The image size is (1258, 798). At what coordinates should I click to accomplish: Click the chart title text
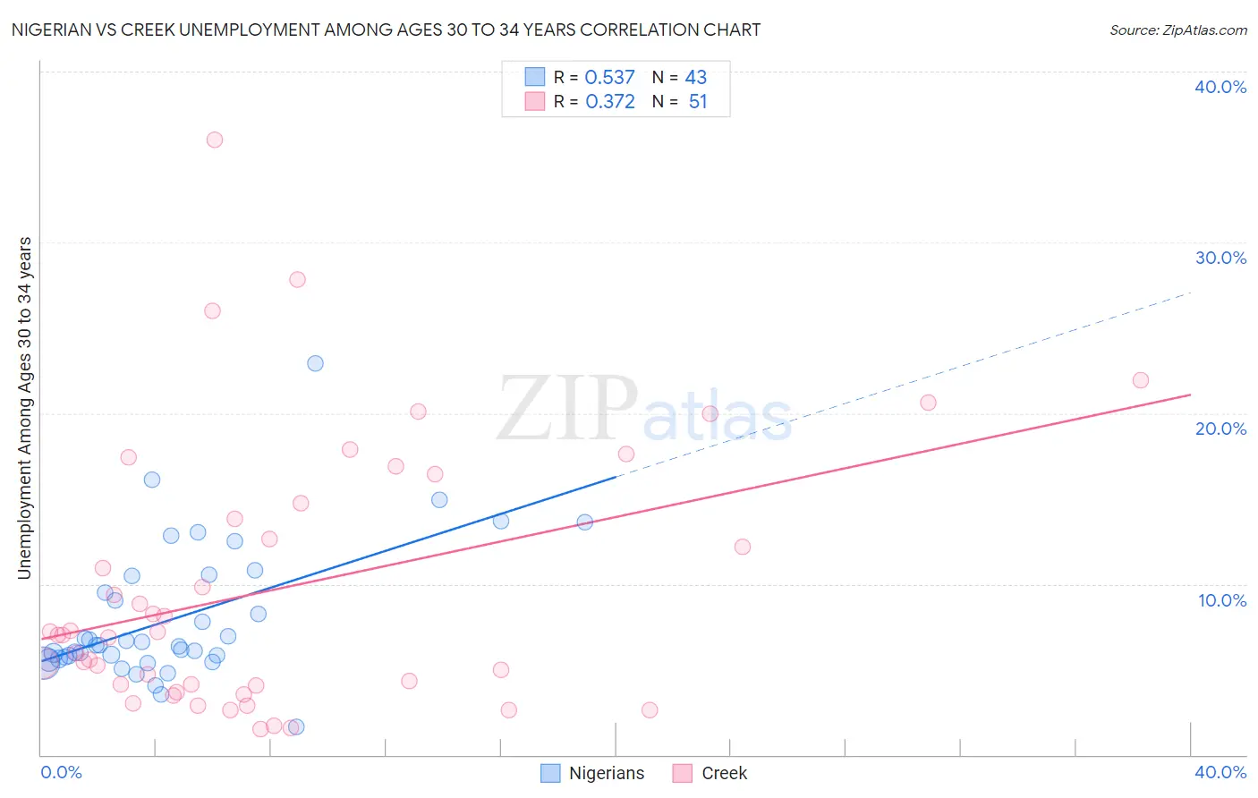pyautogui.click(x=386, y=30)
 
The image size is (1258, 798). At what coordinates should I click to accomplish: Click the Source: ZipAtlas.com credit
pyautogui.click(x=1177, y=30)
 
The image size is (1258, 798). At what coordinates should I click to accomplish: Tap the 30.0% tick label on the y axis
pyautogui.click(x=1220, y=258)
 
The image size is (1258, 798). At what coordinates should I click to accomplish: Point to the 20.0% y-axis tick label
pyautogui.click(x=1220, y=429)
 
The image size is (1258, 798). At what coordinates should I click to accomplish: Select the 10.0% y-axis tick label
pyautogui.click(x=1222, y=600)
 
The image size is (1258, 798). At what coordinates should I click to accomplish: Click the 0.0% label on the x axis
pyautogui.click(x=61, y=772)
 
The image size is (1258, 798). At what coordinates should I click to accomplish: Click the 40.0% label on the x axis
pyautogui.click(x=1220, y=772)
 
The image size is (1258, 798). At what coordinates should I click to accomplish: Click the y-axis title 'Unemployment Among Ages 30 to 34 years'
pyautogui.click(x=25, y=408)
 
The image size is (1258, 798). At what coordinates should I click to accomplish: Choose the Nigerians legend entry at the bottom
pyautogui.click(x=592, y=773)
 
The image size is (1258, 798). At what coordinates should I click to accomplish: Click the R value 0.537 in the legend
pyautogui.click(x=609, y=78)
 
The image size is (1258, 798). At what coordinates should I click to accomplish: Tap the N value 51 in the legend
pyautogui.click(x=698, y=102)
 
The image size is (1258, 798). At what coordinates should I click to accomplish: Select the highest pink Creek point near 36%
pyautogui.click(x=215, y=140)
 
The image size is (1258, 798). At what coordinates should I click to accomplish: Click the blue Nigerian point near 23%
pyautogui.click(x=315, y=363)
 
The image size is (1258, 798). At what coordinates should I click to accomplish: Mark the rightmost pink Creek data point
pyautogui.click(x=1141, y=380)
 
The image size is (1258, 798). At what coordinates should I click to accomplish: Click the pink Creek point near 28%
pyautogui.click(x=297, y=279)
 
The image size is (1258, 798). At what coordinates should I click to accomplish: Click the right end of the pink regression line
pyautogui.click(x=1189, y=395)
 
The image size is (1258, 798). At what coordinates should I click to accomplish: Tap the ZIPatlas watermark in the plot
pyautogui.click(x=644, y=410)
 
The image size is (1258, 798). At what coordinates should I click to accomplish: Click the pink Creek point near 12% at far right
pyautogui.click(x=743, y=547)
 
